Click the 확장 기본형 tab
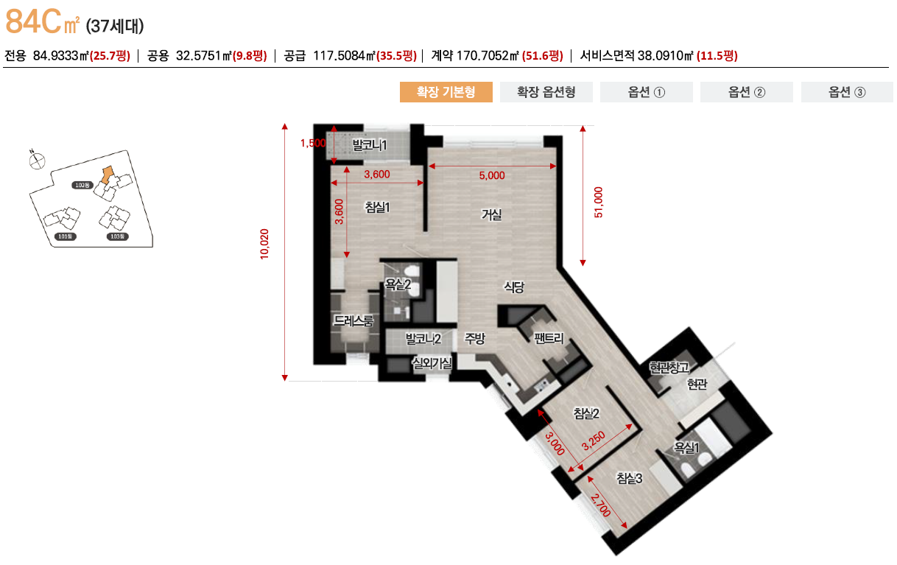click(446, 92)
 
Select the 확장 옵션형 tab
click(546, 92)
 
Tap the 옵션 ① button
click(647, 92)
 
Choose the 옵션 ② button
click(747, 92)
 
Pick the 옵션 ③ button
click(847, 92)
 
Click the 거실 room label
click(491, 214)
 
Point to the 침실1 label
click(377, 207)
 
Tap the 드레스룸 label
click(353, 320)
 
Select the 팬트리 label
click(549, 339)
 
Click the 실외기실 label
click(433, 362)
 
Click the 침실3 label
click(630, 479)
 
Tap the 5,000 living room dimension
click(492, 175)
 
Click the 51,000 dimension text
click(598, 202)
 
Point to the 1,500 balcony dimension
click(313, 144)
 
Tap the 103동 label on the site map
click(118, 236)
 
